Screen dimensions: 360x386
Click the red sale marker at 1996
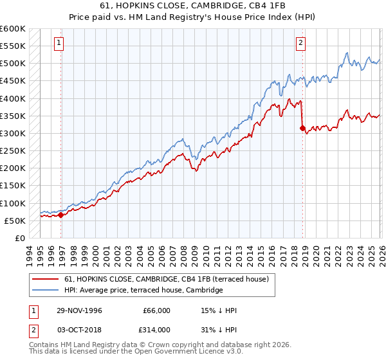point(61,215)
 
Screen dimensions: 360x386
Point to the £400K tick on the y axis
point(13,98)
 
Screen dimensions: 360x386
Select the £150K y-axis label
point(13,186)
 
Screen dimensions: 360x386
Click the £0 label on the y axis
point(19,239)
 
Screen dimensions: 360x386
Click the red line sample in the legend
point(46,279)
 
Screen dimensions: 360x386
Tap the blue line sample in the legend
point(46,291)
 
